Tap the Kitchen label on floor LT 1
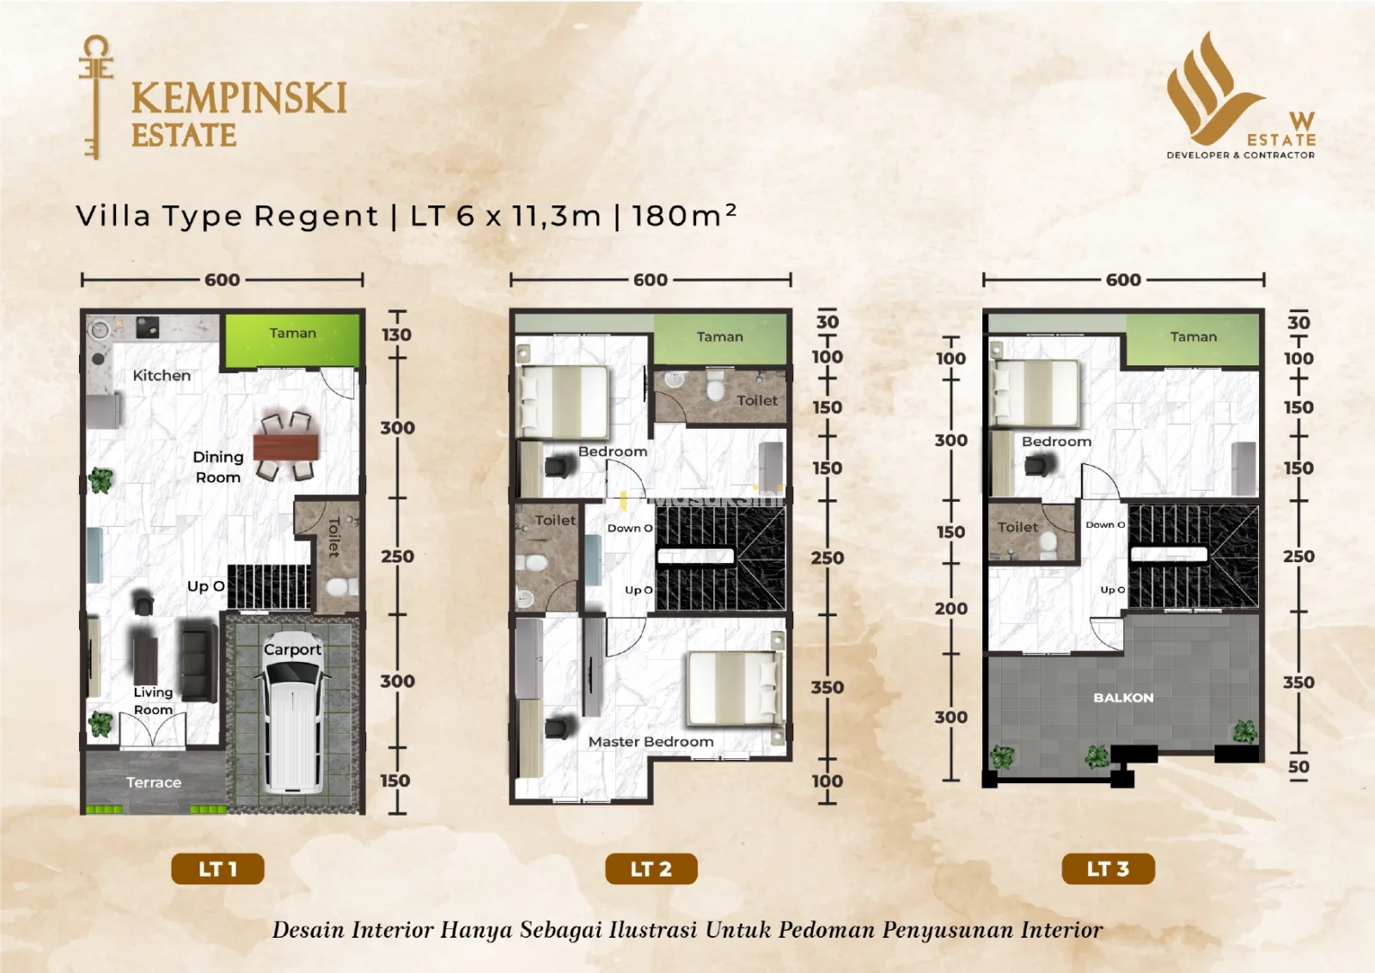pos(162,376)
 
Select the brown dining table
pos(286,447)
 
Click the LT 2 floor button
pos(651,869)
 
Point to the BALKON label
pos(1123,697)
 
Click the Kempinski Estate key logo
pos(96,97)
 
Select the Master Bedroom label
pos(651,742)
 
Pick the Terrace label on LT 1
pos(154,783)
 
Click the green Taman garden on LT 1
pos(292,340)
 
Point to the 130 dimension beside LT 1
pos(396,334)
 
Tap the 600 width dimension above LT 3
pos(1123,280)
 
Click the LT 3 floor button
pos(1108,869)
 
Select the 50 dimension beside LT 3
pos(1299,767)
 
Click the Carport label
pos(292,650)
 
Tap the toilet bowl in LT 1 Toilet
pos(341,587)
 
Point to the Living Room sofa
pos(199,660)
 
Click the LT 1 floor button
pos(218,869)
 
